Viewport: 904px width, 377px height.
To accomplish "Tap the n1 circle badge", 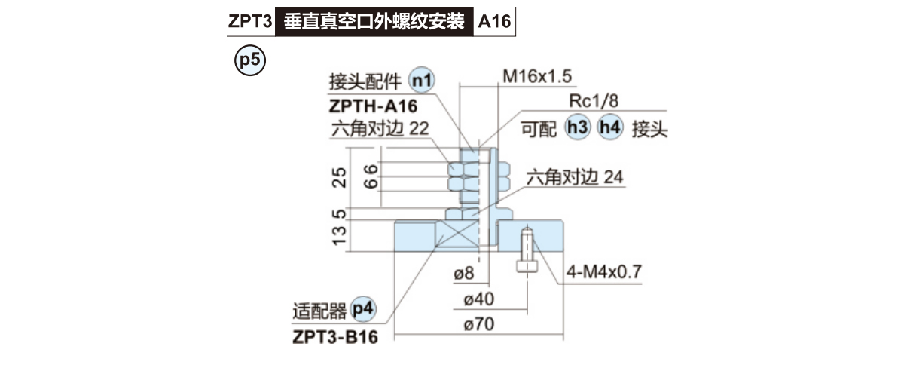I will [x=422, y=81].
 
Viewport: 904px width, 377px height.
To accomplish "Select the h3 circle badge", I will [x=578, y=128].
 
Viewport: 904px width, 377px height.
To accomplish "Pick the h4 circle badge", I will [x=609, y=128].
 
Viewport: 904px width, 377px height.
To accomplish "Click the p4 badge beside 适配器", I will [x=363, y=309].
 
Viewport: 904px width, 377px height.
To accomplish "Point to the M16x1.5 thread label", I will [x=537, y=76].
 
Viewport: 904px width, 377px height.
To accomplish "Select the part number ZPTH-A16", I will [x=374, y=105].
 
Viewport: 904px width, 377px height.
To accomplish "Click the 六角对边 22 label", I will [x=379, y=128].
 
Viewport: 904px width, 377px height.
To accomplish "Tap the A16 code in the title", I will [x=494, y=22].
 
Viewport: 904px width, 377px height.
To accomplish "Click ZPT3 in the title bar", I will [x=249, y=22].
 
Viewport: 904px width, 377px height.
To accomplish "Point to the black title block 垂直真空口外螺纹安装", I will [x=374, y=22].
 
